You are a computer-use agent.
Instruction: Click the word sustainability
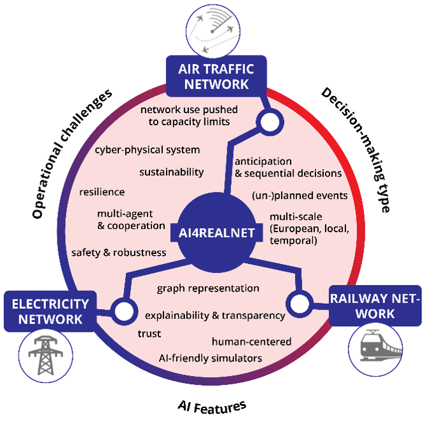(x=172, y=172)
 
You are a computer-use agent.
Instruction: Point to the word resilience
(x=102, y=192)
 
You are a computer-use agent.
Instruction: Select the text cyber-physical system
(x=147, y=150)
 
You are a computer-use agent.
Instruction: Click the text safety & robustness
(x=119, y=253)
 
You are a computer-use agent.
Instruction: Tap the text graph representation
(x=208, y=289)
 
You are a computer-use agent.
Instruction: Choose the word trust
(x=149, y=334)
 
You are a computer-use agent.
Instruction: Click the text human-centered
(x=252, y=341)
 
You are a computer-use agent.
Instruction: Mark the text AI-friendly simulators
(x=210, y=357)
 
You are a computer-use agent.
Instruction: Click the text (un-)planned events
(x=299, y=195)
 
